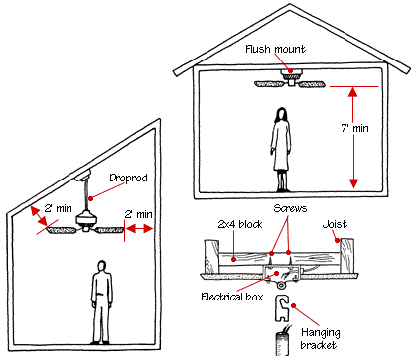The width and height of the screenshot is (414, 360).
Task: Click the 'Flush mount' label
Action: coord(275,49)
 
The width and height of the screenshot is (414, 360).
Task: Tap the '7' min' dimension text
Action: coord(355,128)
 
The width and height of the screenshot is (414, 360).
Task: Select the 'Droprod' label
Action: coord(128,179)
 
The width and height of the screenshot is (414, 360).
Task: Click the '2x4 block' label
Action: coord(240,224)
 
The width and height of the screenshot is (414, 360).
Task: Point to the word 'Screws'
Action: coord(290,208)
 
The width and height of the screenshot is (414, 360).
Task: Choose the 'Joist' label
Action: coord(335,224)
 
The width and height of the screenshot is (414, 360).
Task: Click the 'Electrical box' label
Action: coord(232,297)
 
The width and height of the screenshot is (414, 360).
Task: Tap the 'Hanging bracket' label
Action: coord(320,339)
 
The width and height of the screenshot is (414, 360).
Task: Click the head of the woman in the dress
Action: coord(281,114)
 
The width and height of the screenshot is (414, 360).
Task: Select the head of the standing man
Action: coord(102,266)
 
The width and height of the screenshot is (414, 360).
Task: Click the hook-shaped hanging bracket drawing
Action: coord(282,308)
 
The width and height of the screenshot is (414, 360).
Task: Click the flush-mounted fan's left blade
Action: coord(269,84)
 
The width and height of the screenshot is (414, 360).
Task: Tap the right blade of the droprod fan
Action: coord(110,230)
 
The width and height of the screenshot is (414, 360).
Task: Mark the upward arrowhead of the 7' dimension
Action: coord(353,91)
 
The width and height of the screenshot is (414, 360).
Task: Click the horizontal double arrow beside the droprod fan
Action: coord(139,228)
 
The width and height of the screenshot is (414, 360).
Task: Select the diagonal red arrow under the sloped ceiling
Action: coord(39,216)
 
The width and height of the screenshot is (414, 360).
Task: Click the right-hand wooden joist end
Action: coord(347,256)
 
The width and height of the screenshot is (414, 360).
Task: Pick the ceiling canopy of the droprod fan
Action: coord(82,175)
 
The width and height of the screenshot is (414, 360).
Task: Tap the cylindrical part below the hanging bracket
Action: coord(282,344)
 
